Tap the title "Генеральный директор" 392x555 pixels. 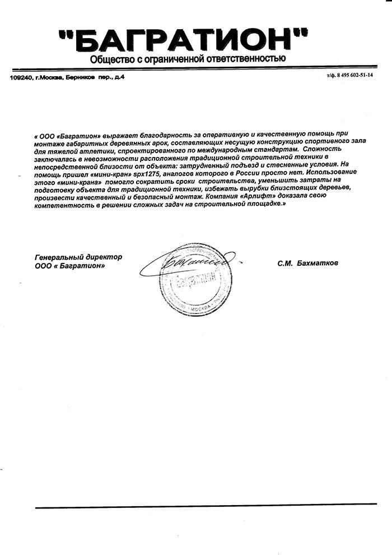[x=78, y=257]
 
